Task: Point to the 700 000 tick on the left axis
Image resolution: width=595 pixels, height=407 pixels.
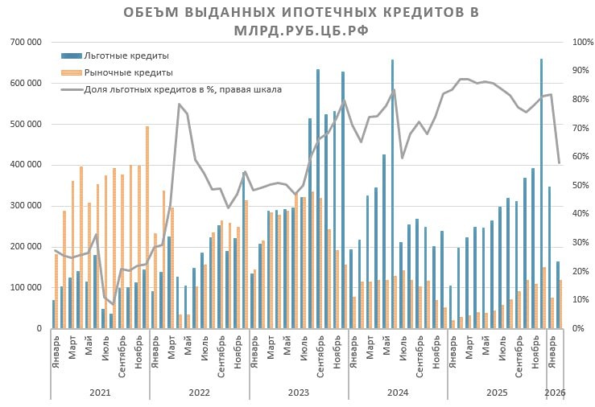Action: (27, 42)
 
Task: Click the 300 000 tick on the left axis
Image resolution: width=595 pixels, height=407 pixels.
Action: (27, 205)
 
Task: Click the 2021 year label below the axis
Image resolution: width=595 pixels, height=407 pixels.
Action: (100, 392)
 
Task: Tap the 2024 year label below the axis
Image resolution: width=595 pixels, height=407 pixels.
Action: (398, 392)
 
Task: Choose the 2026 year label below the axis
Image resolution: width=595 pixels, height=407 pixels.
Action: (556, 392)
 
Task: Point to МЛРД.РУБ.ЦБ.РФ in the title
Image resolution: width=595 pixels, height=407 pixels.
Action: (297, 30)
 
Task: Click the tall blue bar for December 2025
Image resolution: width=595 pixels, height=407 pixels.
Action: (541, 193)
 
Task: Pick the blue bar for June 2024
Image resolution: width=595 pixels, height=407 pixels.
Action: (392, 193)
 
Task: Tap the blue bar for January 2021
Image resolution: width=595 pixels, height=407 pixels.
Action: (54, 314)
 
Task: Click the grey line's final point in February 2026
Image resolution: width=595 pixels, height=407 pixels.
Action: (559, 163)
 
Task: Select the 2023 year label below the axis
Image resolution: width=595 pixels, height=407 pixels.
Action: (299, 392)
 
